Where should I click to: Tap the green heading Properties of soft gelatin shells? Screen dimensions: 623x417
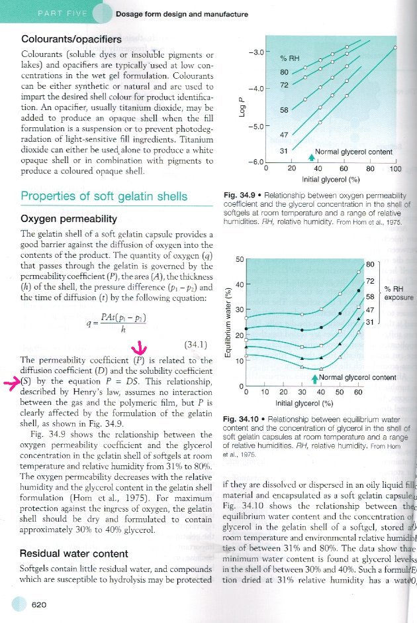[x=104, y=196]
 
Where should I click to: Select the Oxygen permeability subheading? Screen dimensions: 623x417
[x=69, y=219]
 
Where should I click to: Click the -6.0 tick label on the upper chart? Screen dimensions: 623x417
[x=255, y=162]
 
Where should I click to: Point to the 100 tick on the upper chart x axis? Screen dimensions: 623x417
[x=395, y=169]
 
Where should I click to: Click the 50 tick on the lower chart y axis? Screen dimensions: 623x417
[x=240, y=259]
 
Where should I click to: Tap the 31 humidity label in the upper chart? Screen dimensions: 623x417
[x=284, y=151]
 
